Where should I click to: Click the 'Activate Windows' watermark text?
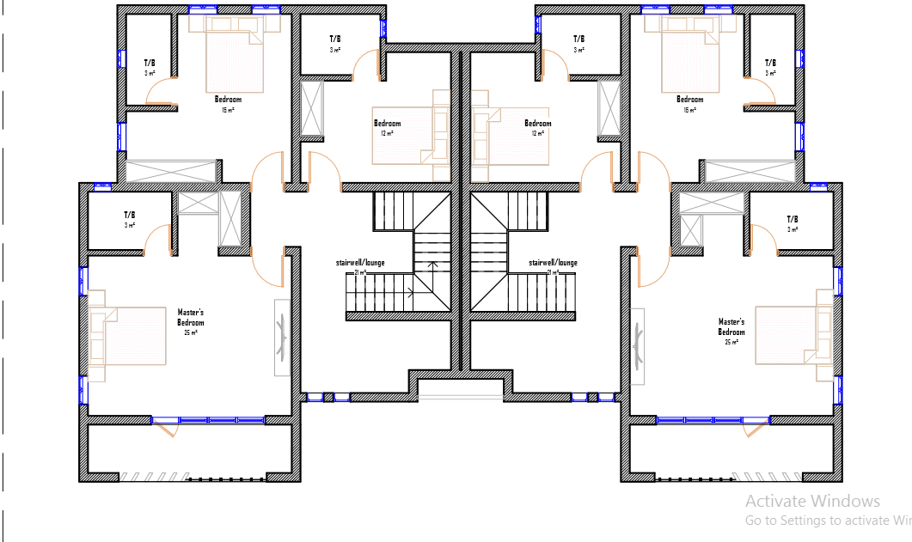pos(812,502)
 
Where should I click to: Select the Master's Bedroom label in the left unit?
pos(191,318)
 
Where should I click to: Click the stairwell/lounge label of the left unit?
pos(359,263)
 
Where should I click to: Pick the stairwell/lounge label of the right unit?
pos(554,263)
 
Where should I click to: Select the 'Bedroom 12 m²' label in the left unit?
pos(387,124)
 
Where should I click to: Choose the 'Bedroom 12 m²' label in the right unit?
pos(538,124)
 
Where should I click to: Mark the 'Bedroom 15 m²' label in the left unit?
pos(228,100)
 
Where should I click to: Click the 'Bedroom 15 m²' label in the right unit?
pos(689,100)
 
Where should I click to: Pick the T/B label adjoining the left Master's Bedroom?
pos(130,216)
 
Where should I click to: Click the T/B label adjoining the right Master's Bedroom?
pos(793,219)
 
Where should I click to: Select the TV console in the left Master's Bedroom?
pos(282,337)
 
